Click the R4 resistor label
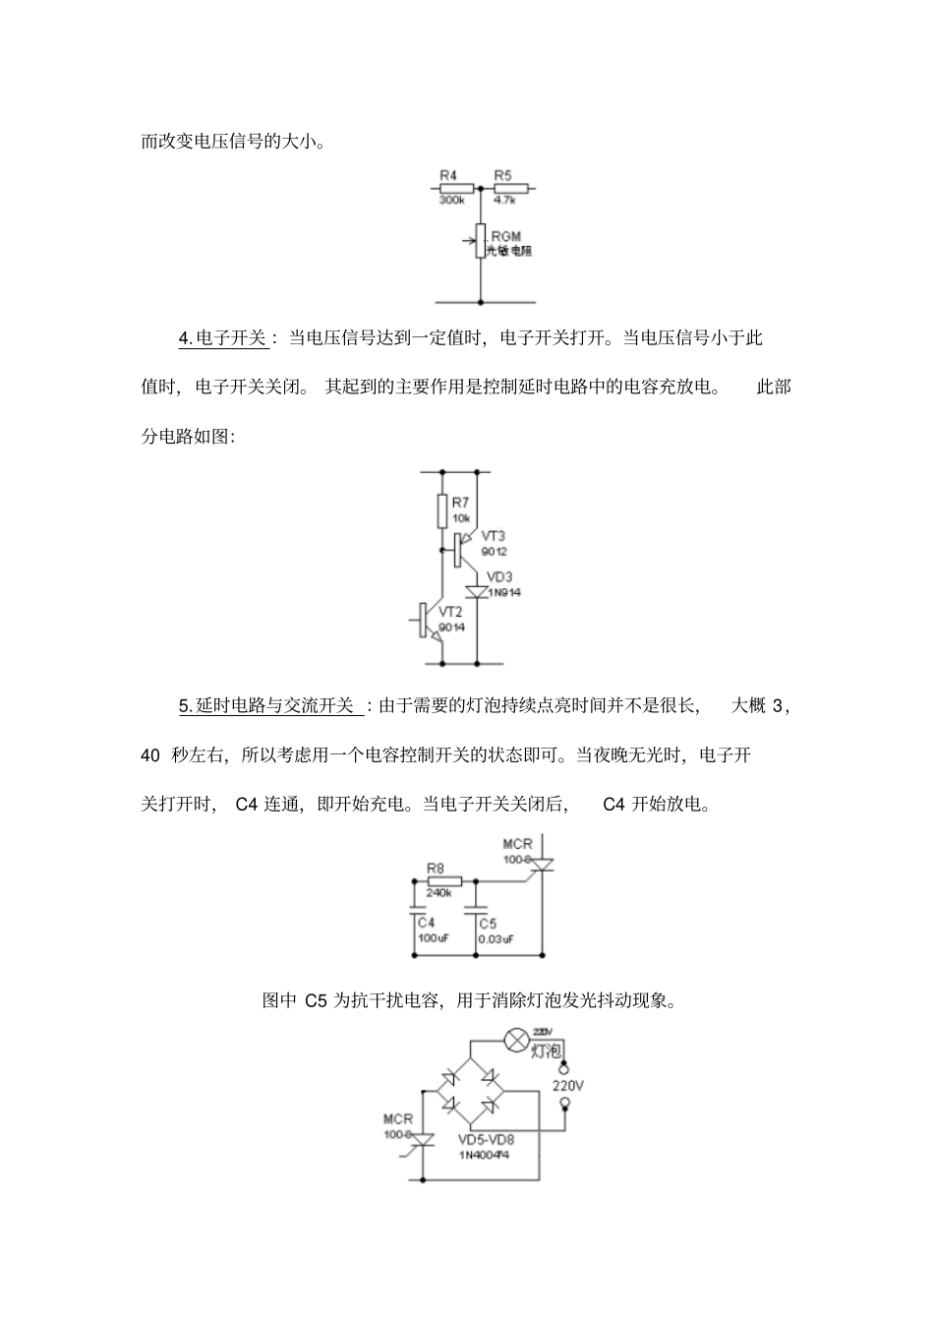pos(448,175)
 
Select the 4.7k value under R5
pos(503,200)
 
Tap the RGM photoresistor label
pos(505,236)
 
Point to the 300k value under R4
pos(451,200)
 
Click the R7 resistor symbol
pos(442,511)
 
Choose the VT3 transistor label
pos(494,536)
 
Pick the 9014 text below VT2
pos(452,628)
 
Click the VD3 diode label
pos(500,576)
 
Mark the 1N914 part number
pos(504,592)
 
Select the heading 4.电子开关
pos(222,338)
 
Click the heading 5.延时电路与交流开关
pos(265,705)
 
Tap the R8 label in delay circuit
pos(436,868)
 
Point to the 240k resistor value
pos(438,892)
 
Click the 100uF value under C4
pos(433,938)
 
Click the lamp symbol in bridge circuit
pos(515,1040)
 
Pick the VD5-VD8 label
pos(486,1140)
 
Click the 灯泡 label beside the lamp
pos(546,1051)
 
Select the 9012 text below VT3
pos(495,551)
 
